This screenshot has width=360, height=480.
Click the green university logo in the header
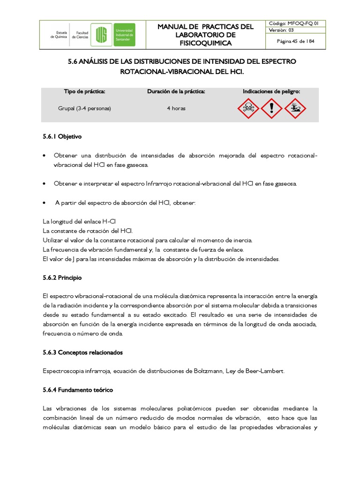[x=115, y=35]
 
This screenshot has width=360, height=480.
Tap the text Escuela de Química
[x=59, y=35]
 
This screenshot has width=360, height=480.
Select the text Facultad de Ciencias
[x=82, y=35]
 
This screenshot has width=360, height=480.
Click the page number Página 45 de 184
[x=295, y=41]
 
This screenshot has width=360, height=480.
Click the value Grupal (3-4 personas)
[x=84, y=108]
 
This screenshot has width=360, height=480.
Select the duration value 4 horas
[x=176, y=108]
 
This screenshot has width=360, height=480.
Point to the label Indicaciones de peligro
[x=271, y=91]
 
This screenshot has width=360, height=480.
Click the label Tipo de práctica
[x=84, y=91]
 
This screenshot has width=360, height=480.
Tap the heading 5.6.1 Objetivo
[x=62, y=137]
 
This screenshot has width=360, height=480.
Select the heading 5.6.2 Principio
[x=62, y=278]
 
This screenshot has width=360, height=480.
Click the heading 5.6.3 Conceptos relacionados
[x=82, y=352]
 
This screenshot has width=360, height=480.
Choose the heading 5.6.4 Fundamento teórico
[x=78, y=390]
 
